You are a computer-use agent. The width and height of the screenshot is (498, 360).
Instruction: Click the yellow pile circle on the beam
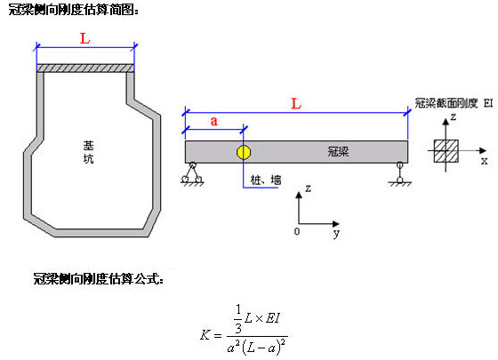click(244, 152)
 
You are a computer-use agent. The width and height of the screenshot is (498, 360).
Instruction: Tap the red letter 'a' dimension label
click(214, 121)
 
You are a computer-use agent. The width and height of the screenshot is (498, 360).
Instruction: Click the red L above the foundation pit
click(84, 39)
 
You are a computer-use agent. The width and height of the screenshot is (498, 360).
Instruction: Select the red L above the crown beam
click(296, 104)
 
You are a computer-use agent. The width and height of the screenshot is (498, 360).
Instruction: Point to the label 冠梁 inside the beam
click(338, 151)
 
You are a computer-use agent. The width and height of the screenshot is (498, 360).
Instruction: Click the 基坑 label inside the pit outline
click(88, 152)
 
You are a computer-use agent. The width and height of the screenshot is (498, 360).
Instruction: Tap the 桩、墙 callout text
click(266, 180)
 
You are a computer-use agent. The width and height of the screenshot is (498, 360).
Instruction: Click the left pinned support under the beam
click(192, 174)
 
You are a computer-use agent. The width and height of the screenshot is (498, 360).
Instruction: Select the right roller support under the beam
click(400, 174)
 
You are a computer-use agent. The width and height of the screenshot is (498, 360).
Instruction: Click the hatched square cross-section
click(446, 151)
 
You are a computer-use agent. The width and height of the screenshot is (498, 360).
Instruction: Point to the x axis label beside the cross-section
click(484, 161)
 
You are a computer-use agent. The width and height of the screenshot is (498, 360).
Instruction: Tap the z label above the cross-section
click(454, 116)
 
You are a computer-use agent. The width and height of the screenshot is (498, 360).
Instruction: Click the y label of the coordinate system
click(336, 233)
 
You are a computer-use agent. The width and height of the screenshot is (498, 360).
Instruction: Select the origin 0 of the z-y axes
click(297, 231)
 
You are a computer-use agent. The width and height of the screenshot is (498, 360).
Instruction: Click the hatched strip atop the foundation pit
click(85, 68)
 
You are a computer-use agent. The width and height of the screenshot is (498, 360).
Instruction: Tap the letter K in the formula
click(205, 334)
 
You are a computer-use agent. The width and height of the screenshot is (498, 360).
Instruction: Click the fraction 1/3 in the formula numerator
click(238, 318)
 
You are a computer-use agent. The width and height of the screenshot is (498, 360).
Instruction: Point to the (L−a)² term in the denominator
click(263, 348)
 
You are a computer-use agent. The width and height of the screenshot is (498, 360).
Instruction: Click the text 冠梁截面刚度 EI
click(454, 103)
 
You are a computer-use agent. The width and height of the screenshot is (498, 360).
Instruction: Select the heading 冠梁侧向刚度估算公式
click(99, 279)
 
